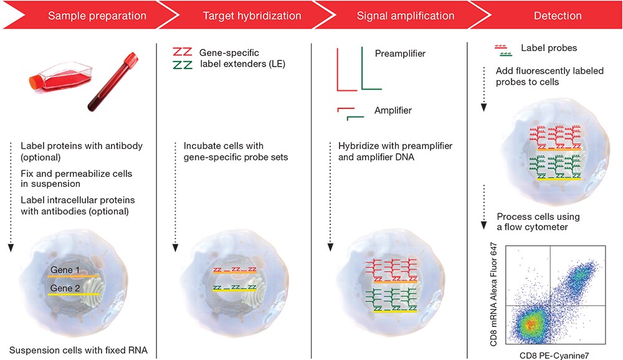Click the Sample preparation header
point(76,15)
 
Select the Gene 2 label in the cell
point(65,288)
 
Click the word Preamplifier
point(400,54)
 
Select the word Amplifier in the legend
point(392,110)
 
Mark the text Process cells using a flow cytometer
point(538,221)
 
